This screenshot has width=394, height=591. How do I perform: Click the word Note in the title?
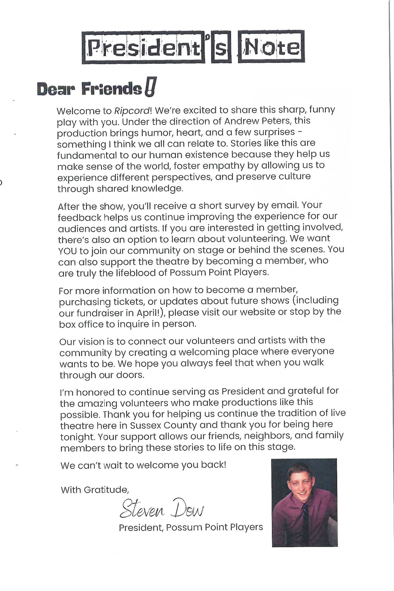pos(271,47)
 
